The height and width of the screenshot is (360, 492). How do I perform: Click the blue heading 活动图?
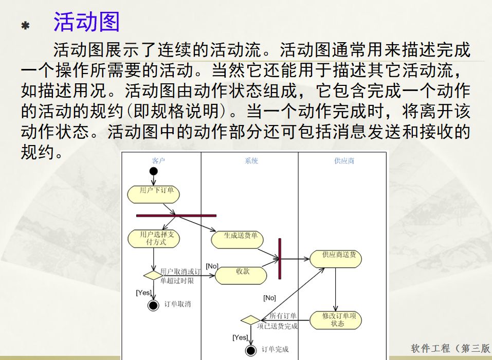[x=86, y=22]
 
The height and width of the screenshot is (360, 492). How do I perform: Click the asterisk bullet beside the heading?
[x=25, y=25]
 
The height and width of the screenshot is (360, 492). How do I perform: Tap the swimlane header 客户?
[x=159, y=161]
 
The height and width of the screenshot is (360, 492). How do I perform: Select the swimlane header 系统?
[x=251, y=161]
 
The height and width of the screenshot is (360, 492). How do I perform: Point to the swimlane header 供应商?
[x=344, y=161]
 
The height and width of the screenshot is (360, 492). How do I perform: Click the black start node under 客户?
[x=154, y=171]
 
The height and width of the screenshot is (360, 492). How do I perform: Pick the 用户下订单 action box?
[x=154, y=193]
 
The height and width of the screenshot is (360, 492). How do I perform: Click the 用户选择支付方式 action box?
[x=154, y=239]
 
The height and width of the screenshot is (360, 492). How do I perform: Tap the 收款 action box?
[x=241, y=275]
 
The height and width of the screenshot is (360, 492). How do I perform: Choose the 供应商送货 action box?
[x=336, y=258]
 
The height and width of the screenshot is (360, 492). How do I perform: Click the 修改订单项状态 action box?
[x=336, y=320]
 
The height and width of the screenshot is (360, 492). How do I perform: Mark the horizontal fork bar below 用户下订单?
[x=176, y=215]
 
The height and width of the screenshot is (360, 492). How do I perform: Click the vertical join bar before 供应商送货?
[x=280, y=258]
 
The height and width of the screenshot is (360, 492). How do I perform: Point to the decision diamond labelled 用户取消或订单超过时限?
[x=153, y=275]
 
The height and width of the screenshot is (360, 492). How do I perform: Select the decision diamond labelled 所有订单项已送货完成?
[x=250, y=320]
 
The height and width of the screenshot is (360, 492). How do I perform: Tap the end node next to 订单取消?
[x=153, y=305]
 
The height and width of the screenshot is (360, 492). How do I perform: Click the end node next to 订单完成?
[x=251, y=351]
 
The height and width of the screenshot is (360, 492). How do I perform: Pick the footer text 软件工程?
[x=431, y=349]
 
